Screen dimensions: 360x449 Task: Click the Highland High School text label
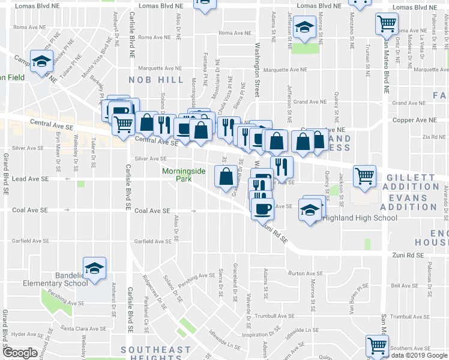tap(360, 218)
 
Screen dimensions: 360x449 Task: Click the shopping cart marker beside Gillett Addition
tap(364, 175)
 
